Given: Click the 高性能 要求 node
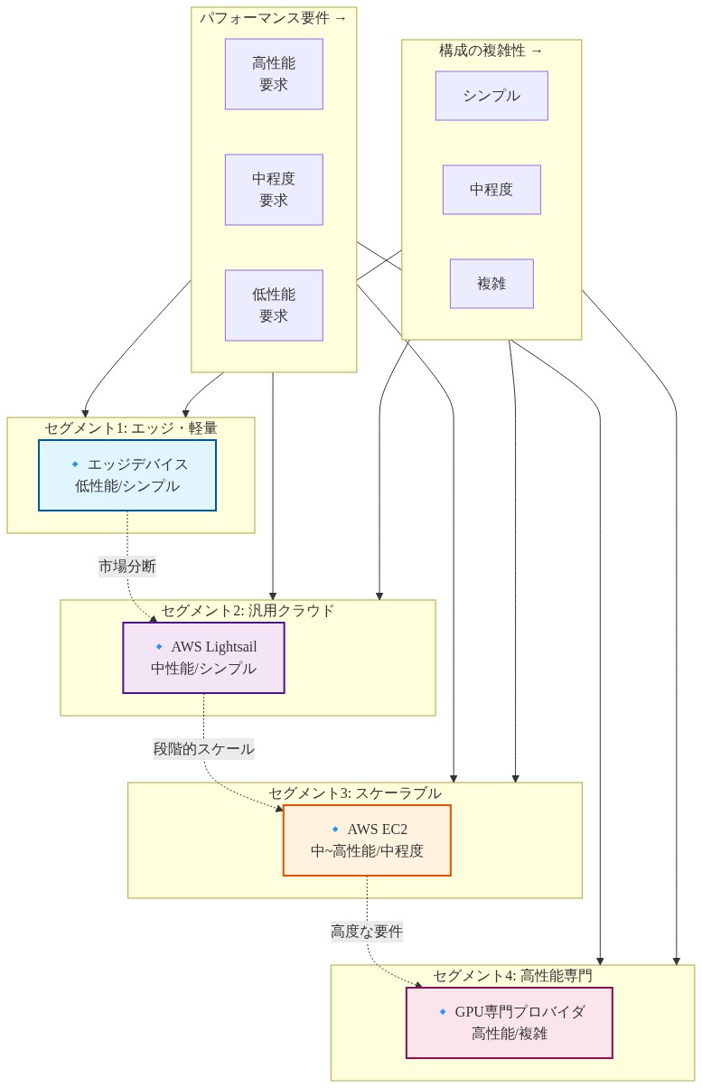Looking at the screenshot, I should coord(274,74).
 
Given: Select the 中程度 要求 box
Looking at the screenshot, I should coord(274,190).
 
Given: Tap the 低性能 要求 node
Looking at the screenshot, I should coord(274,305).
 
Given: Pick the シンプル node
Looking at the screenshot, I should coord(491,96).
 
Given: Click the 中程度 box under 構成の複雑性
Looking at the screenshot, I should coord(491,190).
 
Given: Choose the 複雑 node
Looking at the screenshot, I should coord(491,284).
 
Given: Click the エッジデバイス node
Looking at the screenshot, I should coord(127,475).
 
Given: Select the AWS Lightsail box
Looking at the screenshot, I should coord(203,658).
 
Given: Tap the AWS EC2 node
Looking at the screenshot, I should coord(367,840).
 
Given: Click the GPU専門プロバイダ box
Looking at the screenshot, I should coord(509,1023).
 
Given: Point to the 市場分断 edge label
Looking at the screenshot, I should coord(127,567).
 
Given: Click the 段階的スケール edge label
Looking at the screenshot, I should coord(203,749).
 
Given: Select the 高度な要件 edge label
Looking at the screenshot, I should coord(367,932).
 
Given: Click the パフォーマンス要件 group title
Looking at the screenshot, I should coord(273,18).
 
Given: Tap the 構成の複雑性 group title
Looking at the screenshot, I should coord(491,51).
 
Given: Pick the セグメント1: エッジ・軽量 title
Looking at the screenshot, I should coord(131,428).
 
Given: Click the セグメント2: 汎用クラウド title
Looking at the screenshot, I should coord(248,611).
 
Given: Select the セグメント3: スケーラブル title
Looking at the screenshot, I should coord(354,793).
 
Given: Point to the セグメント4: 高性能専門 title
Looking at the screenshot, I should coord(512,976).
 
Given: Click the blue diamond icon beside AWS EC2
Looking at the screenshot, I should coord(335,829).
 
